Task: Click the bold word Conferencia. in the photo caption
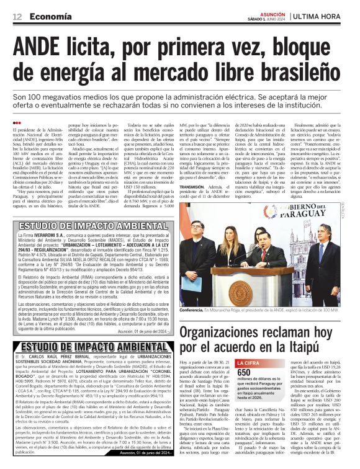(195, 308)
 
